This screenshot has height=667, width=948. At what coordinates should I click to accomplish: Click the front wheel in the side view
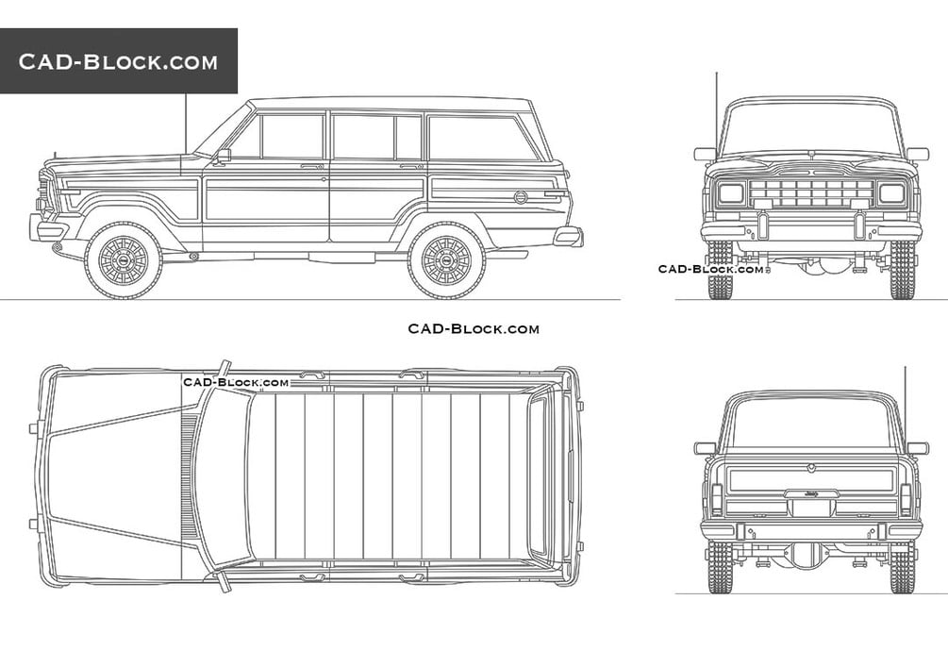[124, 260]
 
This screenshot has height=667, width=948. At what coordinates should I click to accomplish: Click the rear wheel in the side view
[446, 260]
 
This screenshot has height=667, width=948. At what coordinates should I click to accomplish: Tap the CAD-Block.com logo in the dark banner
[118, 61]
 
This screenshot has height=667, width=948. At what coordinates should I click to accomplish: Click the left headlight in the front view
[731, 193]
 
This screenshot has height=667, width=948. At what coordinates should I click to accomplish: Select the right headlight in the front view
[891, 193]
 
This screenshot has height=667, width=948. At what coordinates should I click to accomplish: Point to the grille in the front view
[811, 193]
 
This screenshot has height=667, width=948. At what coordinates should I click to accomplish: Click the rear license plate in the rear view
[811, 508]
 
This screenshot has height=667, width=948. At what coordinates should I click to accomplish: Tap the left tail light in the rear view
[717, 499]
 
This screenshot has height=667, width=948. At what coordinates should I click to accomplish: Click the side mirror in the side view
[223, 156]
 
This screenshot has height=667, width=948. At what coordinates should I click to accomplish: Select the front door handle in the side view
[312, 166]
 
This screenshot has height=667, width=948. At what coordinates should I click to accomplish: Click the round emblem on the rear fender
[521, 196]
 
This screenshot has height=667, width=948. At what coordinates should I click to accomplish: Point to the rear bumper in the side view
[568, 236]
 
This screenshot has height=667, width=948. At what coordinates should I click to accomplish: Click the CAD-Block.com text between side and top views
[474, 328]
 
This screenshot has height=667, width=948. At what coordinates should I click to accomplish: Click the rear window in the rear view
[811, 424]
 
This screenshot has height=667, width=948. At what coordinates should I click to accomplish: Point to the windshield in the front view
[811, 129]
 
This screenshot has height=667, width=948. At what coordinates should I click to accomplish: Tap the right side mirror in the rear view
[917, 448]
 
